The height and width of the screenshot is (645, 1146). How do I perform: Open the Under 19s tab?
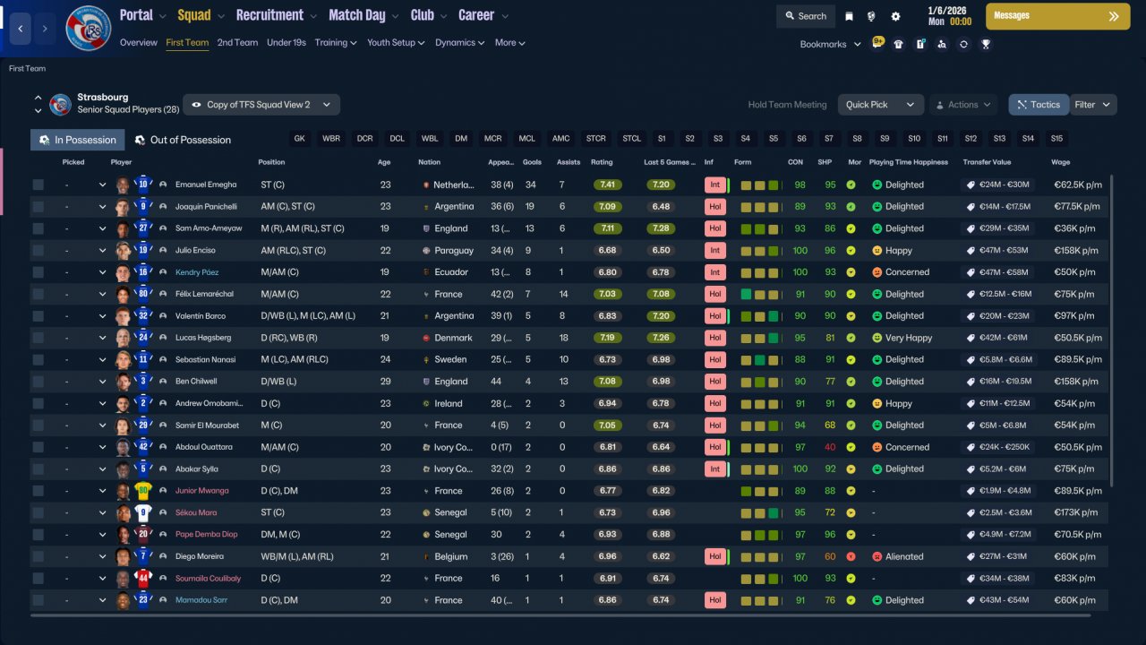coord(286,42)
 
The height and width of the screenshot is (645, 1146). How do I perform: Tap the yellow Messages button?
coord(1057,16)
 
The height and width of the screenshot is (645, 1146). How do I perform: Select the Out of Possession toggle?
coord(183,140)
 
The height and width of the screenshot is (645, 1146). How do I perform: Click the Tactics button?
coord(1039,105)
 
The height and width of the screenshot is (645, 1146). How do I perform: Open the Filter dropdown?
coord(1092,105)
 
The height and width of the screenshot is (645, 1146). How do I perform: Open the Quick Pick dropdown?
coord(880,105)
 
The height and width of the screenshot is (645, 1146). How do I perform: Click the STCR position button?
coord(595,139)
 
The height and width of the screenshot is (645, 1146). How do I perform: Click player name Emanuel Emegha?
coord(206,185)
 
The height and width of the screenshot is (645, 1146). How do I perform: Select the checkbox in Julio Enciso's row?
coord(38,250)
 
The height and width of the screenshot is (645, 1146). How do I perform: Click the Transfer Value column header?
coord(987,162)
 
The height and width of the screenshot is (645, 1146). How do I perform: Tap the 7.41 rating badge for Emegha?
coord(607,185)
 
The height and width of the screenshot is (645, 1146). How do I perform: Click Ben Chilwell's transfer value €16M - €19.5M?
coord(1005,382)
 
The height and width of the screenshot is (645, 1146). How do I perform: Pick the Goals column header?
coord(532,162)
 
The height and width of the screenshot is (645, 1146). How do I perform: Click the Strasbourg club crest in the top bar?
coord(88,28)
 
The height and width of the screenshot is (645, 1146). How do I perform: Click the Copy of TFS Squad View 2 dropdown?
coord(261,105)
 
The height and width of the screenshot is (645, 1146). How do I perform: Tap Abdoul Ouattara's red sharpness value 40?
coord(830,447)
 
